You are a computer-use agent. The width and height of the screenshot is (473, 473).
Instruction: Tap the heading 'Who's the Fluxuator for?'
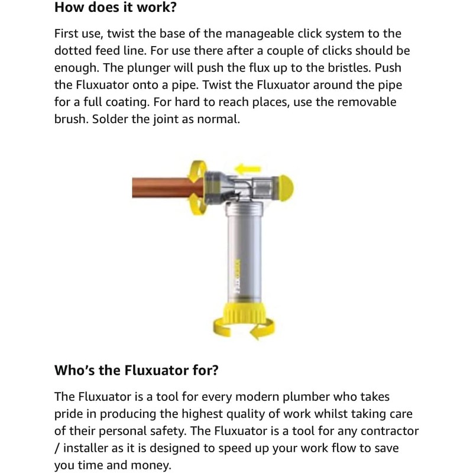point(137,371)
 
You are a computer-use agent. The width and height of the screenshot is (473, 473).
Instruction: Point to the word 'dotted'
point(77,51)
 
